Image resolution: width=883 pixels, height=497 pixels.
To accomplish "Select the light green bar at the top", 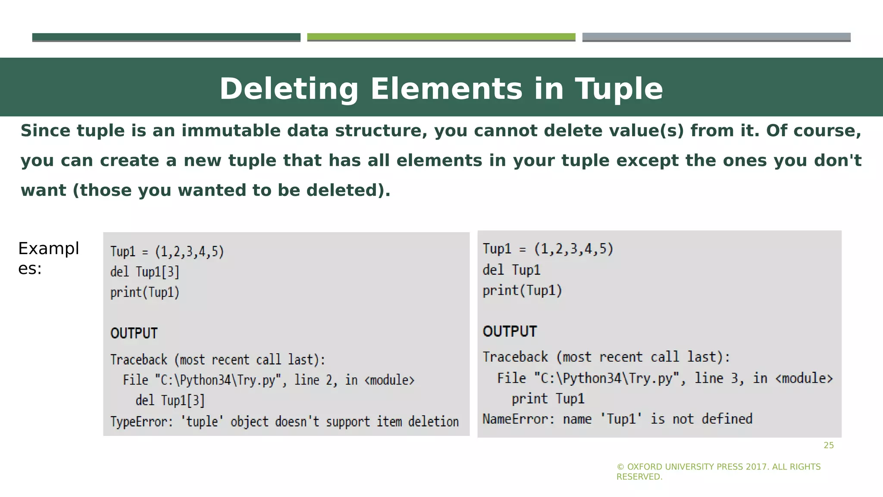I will coord(441,37).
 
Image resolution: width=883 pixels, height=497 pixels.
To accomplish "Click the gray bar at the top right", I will coord(716,37).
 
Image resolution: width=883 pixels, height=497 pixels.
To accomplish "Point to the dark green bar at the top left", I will coord(166,37).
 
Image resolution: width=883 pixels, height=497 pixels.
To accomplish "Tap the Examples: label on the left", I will coord(48,258).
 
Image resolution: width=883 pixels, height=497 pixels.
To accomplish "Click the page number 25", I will coord(829,446).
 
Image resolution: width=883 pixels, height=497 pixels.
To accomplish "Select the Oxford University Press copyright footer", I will coord(718,472).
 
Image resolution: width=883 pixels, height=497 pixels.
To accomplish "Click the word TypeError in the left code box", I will coord(141,422).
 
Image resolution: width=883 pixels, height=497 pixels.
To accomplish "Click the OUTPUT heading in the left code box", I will coord(134,333).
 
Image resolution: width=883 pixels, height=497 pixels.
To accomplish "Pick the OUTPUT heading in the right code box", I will coord(510,331).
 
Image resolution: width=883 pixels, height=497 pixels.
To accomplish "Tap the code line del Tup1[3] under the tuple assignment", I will coord(145,272).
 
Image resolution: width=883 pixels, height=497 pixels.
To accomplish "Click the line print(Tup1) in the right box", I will coord(522,291).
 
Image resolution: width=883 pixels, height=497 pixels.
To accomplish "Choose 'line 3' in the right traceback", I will coord(719,378).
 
